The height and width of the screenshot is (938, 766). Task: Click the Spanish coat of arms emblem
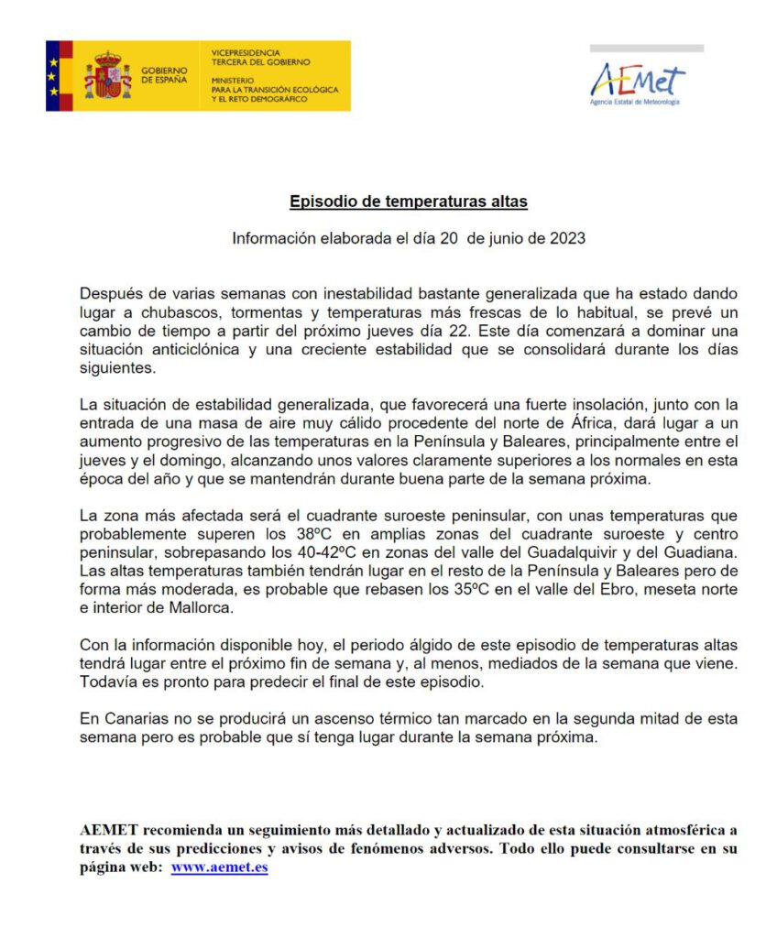click(x=108, y=76)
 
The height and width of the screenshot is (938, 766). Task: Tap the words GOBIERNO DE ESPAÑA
click(x=164, y=75)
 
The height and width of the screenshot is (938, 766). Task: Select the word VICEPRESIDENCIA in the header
click(x=246, y=53)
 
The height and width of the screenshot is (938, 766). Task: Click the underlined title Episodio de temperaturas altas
click(x=409, y=202)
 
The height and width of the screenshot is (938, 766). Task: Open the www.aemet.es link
click(x=219, y=867)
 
